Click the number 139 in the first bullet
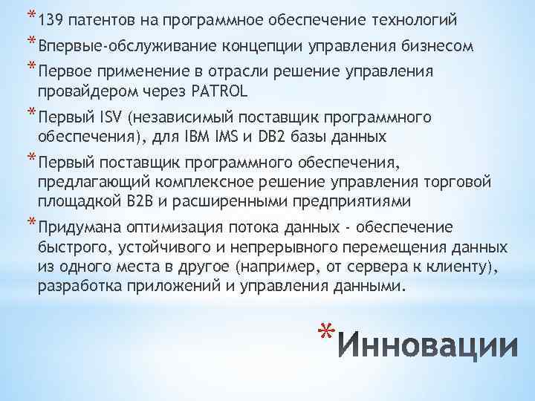[47, 17]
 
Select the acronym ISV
[111, 119]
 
